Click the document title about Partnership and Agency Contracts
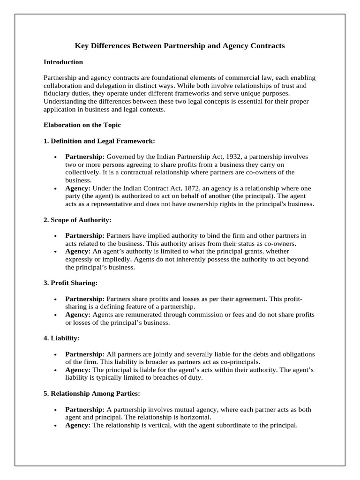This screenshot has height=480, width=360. pyautogui.click(x=180, y=46)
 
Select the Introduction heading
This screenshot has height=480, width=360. pyautogui.click(x=63, y=62)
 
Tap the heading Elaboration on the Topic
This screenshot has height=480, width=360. pyautogui.click(x=82, y=125)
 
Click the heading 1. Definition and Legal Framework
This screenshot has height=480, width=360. pyautogui.click(x=99, y=141)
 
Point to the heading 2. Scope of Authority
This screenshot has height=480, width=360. pyautogui.click(x=77, y=219)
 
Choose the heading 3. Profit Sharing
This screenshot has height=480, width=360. pyautogui.click(x=70, y=283)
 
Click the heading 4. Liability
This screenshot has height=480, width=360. pyautogui.click(x=61, y=337)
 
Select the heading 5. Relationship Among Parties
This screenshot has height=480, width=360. pyautogui.click(x=92, y=393)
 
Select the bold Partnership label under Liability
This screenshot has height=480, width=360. pyautogui.click(x=85, y=353)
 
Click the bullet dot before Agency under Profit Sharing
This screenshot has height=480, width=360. pyautogui.click(x=56, y=315)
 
